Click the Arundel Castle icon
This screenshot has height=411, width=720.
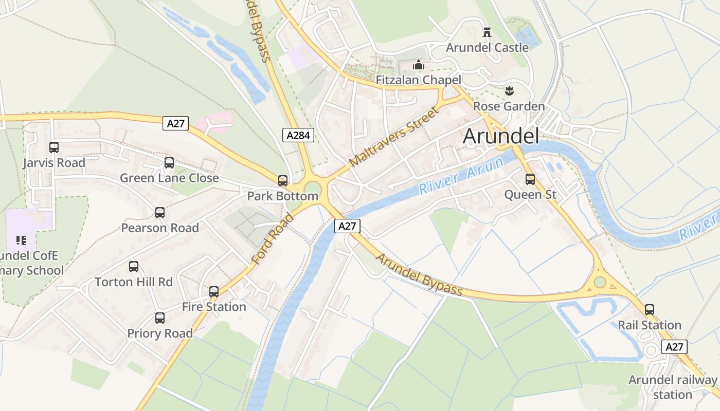click(x=487, y=32)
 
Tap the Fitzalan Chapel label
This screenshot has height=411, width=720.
click(x=418, y=80)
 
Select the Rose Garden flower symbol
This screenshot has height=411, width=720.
click(x=509, y=91)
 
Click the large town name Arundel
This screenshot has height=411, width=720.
click(x=501, y=136)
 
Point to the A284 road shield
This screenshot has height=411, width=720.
click(x=298, y=135)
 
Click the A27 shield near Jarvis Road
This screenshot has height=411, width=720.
click(x=176, y=123)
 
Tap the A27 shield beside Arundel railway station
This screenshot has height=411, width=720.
click(x=674, y=347)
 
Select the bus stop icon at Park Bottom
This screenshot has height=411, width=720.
click(x=283, y=181)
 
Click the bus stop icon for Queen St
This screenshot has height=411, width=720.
click(x=530, y=179)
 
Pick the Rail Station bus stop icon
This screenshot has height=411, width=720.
click(x=650, y=310)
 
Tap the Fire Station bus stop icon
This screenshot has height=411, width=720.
click(x=214, y=292)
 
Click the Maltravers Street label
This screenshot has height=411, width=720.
click(x=394, y=137)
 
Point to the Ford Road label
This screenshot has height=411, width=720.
click(x=273, y=239)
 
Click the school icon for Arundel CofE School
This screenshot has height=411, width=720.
click(x=21, y=240)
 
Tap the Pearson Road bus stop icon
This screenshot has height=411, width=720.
click(x=160, y=213)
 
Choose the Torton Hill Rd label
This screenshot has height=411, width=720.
click(x=134, y=282)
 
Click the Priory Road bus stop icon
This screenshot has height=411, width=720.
click(x=160, y=318)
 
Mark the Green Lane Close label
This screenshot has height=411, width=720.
click(x=169, y=178)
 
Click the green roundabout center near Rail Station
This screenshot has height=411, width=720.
click(x=600, y=282)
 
